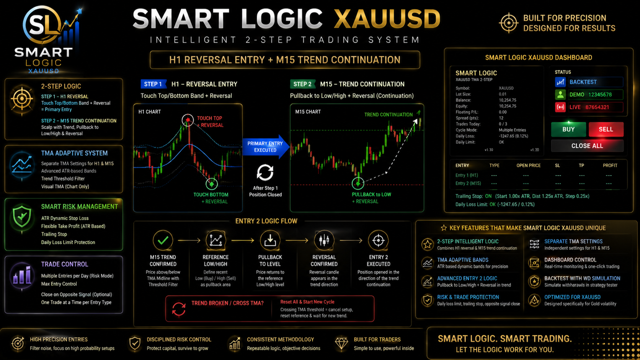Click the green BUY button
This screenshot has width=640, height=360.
click(568, 129)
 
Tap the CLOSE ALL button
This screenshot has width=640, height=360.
click(587, 146)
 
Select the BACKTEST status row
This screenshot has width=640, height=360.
click(589, 82)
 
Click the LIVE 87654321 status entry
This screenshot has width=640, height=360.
click(589, 108)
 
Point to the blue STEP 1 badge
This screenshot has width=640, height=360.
click(153, 84)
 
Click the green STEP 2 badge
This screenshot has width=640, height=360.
click(302, 84)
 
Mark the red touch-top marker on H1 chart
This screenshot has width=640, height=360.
click(188, 120)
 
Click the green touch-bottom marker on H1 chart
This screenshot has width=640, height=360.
click(211, 184)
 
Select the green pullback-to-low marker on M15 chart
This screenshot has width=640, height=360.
click(358, 184)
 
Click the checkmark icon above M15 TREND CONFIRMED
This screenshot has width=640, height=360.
click(163, 240)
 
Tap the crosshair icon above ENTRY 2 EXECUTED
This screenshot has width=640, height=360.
click(378, 240)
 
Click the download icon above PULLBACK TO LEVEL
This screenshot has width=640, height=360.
click(270, 240)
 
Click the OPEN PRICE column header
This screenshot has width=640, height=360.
click(528, 166)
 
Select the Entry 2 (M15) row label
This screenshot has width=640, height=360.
click(468, 183)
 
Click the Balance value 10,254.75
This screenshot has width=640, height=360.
click(508, 100)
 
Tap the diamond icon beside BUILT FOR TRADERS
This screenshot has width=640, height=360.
click(341, 344)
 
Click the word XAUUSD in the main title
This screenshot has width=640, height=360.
click(387, 19)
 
